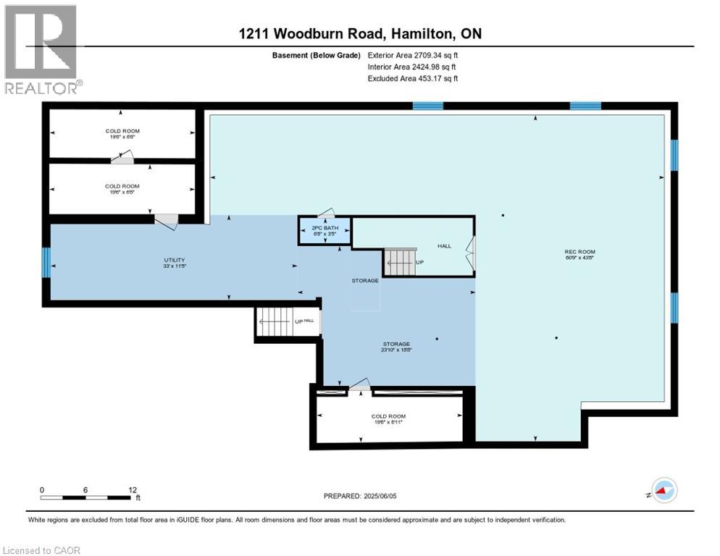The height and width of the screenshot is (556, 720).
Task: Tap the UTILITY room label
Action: pos(174,263)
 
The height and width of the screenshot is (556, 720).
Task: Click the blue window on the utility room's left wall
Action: pos(46,262)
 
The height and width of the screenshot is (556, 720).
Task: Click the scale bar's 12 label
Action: pos(132,490)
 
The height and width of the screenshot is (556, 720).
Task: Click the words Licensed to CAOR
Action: pos(41,550)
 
